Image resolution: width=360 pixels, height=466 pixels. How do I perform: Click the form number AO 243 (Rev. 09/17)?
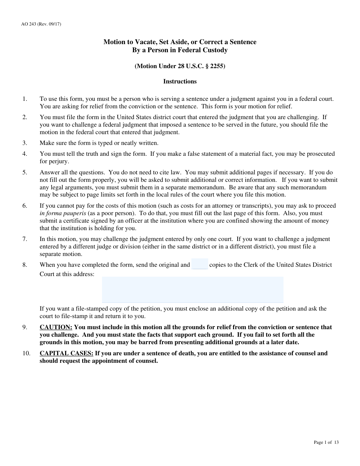click(41, 24)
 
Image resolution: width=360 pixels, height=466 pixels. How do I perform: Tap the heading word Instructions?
click(180, 81)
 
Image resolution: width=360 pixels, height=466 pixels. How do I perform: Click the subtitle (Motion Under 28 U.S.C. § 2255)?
click(180, 66)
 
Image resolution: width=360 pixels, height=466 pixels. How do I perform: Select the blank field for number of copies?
click(199, 264)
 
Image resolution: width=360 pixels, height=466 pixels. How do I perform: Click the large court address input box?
click(193, 289)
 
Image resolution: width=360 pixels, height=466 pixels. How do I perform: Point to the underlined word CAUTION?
click(56, 327)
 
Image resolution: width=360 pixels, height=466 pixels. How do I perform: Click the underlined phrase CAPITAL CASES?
click(67, 353)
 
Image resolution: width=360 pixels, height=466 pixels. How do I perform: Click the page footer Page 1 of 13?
click(326, 442)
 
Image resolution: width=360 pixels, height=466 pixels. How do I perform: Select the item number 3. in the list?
click(25, 143)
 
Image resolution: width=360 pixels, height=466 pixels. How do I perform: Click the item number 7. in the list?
click(25, 239)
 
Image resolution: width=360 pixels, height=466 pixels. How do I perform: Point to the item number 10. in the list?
click(26, 353)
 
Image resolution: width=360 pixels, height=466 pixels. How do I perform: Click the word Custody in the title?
click(214, 50)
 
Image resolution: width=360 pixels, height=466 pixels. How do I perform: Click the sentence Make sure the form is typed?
click(99, 143)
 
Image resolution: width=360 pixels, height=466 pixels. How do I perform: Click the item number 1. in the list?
click(25, 99)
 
